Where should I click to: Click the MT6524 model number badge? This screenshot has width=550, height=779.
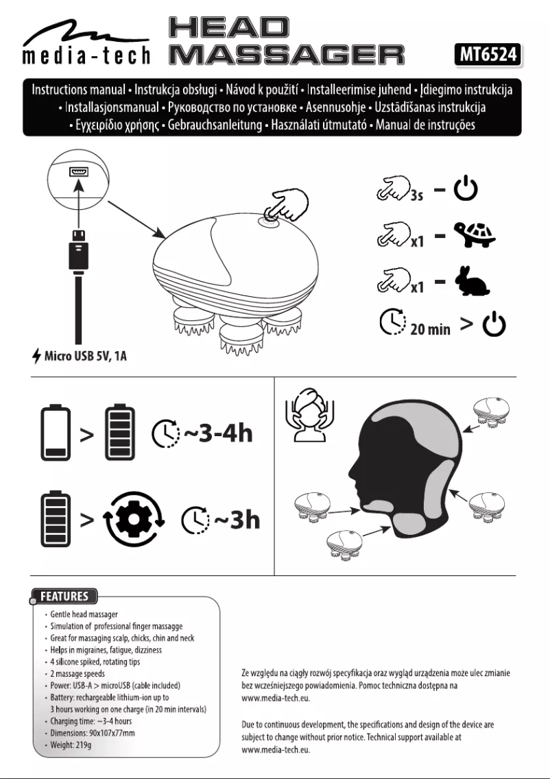click(486, 54)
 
